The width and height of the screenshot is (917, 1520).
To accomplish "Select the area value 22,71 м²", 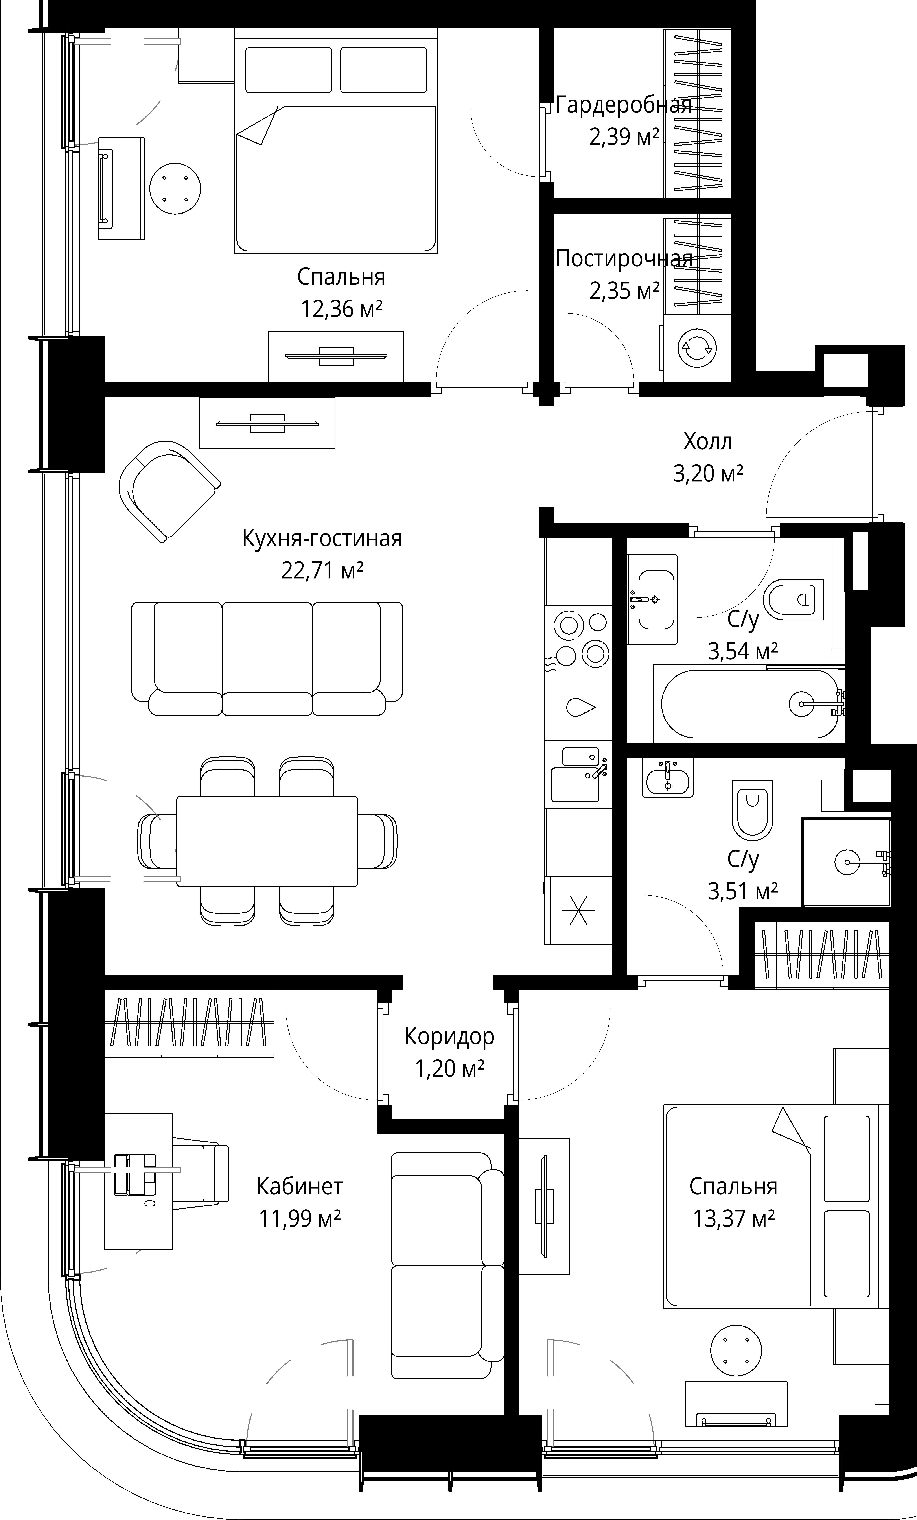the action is coord(322,571).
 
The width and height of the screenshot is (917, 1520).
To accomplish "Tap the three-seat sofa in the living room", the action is coord(267,659).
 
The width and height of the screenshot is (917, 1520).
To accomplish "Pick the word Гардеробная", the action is coord(623,105).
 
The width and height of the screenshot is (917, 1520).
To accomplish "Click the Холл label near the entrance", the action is coord(708,442).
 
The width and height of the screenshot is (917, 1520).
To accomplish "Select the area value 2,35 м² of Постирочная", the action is coord(624,291).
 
